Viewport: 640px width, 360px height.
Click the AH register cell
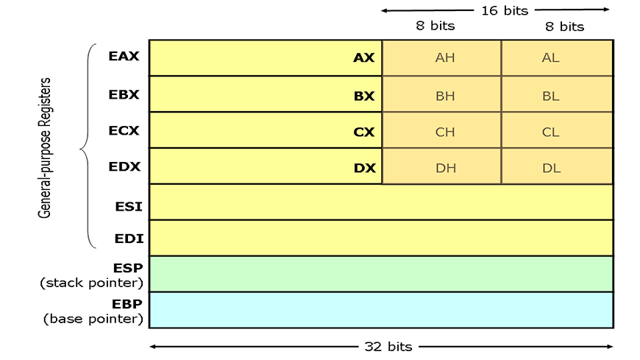point(441,57)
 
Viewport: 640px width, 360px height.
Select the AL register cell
point(557,57)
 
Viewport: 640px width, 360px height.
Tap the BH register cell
point(441,94)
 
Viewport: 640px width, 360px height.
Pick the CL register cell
point(557,130)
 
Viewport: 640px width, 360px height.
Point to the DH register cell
point(441,166)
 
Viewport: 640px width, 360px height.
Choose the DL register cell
point(557,166)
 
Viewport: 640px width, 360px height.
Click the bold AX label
point(363,57)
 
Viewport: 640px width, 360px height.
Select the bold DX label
point(364,168)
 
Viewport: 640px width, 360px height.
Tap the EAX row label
point(124,56)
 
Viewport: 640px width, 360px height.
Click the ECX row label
point(124,130)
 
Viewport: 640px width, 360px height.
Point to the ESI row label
point(129,206)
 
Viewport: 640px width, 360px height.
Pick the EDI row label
point(129,239)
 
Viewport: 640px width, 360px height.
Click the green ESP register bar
point(381,274)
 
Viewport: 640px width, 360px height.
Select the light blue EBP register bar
point(381,310)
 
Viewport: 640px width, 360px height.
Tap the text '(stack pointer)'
point(91,283)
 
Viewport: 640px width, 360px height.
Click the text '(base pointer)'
point(93,319)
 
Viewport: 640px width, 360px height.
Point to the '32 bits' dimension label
point(388,347)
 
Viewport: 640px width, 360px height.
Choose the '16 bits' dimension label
point(505,10)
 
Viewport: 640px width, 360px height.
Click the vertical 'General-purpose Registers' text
point(44,148)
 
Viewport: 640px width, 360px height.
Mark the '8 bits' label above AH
point(435,26)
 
